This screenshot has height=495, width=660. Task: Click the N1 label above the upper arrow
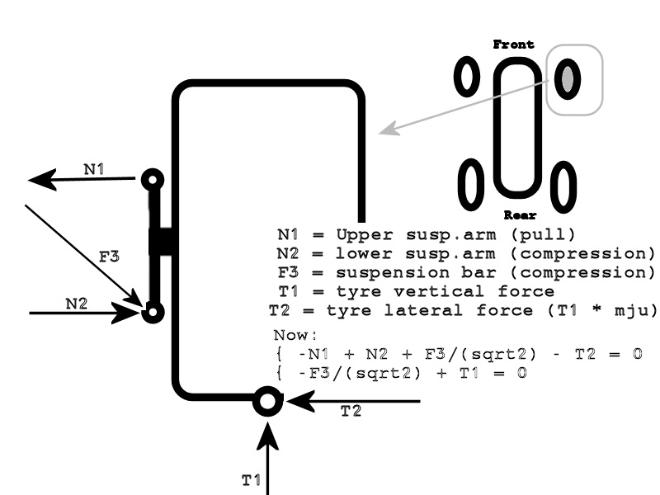94,169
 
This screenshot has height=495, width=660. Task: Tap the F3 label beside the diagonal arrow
109,257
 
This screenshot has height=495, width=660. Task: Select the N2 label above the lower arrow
77,303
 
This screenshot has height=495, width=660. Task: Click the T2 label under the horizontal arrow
351,412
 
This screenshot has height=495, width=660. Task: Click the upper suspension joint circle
153,178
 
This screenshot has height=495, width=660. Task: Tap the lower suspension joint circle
153,312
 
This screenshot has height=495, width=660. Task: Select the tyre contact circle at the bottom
266,402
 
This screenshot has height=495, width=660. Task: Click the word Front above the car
513,45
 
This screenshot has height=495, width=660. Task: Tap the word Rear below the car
521,216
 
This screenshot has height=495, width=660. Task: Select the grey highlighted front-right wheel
568,79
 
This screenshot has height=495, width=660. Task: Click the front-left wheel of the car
467,78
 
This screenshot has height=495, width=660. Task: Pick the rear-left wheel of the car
471,184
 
